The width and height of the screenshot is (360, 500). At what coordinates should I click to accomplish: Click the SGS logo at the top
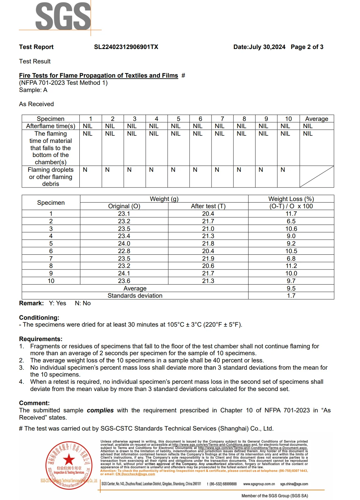pos(63,16)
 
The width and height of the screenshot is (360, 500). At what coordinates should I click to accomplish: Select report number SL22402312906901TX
pos(126,47)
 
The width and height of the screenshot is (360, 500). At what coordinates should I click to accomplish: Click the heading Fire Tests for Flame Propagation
pos(98,76)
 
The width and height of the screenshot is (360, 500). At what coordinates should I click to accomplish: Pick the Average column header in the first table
pos(316,119)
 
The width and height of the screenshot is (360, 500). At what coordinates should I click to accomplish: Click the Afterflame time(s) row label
pos(51,126)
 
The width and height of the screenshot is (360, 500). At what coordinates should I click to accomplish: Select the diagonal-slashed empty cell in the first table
pos(316,177)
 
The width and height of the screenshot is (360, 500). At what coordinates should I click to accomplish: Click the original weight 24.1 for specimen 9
pos(124,274)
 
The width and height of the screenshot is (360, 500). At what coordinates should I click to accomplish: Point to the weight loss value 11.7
pos(291,214)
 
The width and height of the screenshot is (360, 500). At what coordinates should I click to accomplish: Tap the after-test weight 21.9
pos(208,259)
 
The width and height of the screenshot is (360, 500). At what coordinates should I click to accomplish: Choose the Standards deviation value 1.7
pos(291,296)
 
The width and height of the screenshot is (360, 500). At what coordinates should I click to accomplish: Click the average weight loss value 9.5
pos(291,288)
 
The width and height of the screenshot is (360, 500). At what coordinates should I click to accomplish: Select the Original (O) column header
pos(124,206)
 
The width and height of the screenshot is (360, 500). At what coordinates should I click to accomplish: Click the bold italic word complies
pos(100,410)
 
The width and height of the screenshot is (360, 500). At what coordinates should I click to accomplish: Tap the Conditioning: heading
pos(39,318)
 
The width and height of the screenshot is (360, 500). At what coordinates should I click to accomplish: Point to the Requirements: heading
pos(41,339)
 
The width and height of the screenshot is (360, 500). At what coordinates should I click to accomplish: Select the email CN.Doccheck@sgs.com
pos(135,474)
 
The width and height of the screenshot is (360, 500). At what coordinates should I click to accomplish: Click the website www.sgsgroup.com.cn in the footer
pos(259,484)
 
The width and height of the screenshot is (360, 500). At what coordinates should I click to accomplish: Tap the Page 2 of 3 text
pos(307,47)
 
